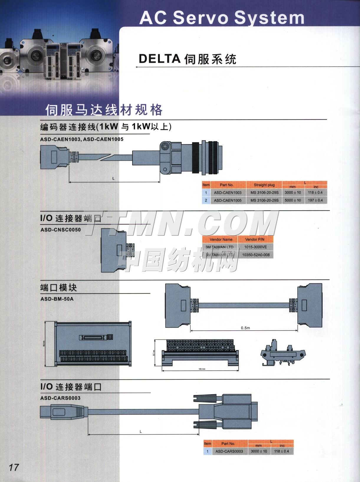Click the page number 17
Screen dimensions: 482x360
pyautogui.click(x=14, y=468)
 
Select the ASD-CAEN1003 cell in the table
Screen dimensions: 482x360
pyautogui.click(x=228, y=193)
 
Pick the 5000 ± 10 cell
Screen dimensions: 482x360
pyautogui.click(x=293, y=200)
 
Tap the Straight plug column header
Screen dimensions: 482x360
pyautogui.click(x=264, y=185)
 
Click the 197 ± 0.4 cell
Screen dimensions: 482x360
pyautogui.click(x=315, y=200)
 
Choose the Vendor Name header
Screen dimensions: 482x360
pyautogui.click(x=221, y=240)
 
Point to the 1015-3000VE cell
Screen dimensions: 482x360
pyautogui.click(x=255, y=247)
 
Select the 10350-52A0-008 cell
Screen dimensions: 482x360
pyautogui.click(x=255, y=255)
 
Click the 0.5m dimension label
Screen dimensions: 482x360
pyautogui.click(x=245, y=328)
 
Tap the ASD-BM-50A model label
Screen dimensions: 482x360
pyautogui.click(x=57, y=299)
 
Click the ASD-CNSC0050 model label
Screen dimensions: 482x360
pyautogui.click(x=60, y=229)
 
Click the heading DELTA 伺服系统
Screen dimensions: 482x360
pyautogui.click(x=188, y=59)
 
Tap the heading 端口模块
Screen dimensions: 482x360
pyautogui.click(x=58, y=287)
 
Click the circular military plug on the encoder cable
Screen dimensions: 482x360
pyautogui.click(x=192, y=158)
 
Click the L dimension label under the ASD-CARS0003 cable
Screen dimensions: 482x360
pyautogui.click(x=141, y=432)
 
